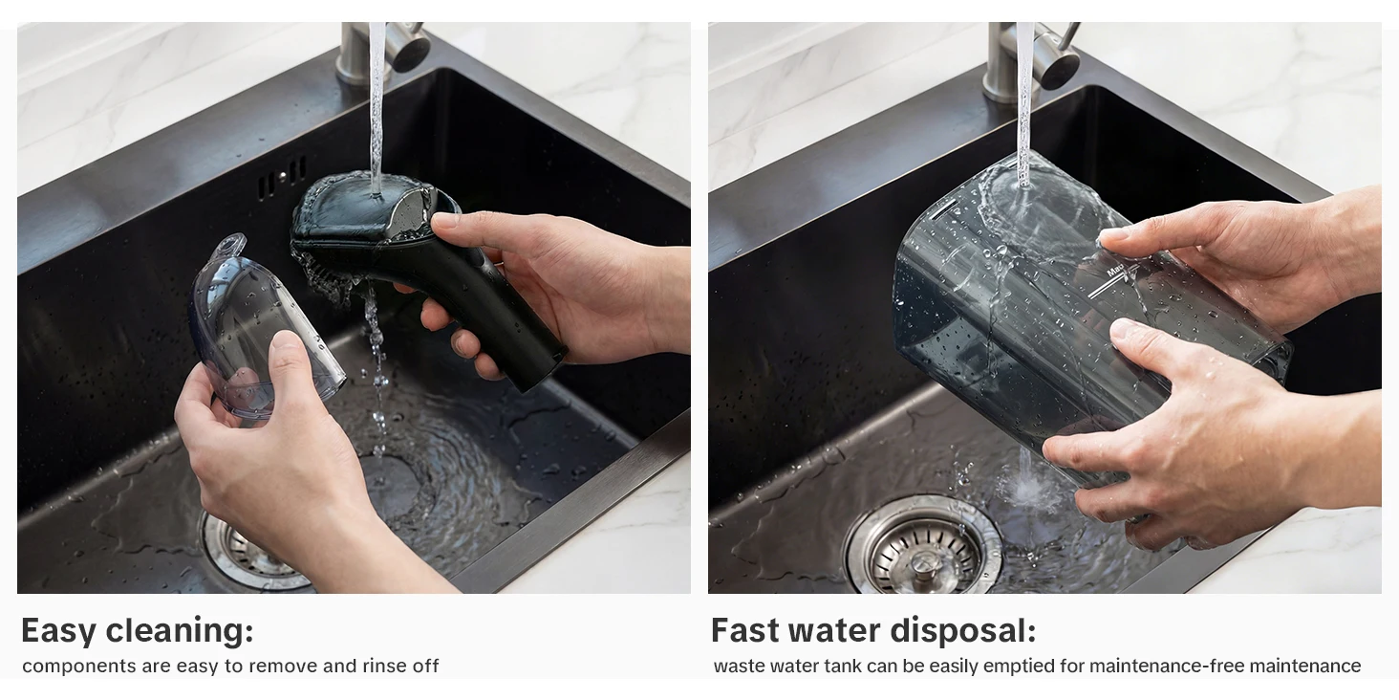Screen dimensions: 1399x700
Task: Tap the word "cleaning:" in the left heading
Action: (x=180, y=629)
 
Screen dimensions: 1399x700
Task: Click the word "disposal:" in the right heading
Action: (x=963, y=630)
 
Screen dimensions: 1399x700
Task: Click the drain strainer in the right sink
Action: (x=922, y=549)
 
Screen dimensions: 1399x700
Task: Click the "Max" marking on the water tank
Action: (x=1114, y=271)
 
